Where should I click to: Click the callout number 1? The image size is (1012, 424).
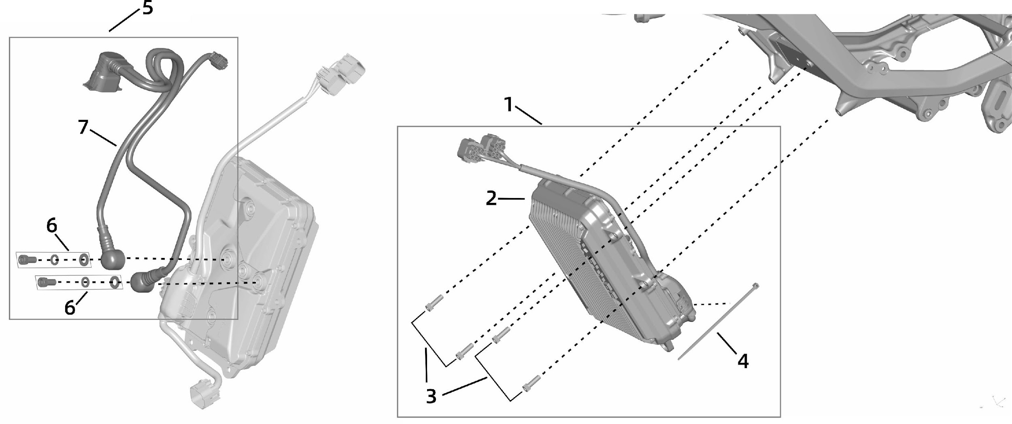click(x=508, y=105)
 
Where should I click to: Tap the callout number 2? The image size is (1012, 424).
click(x=491, y=198)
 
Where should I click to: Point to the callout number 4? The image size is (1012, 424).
click(x=743, y=361)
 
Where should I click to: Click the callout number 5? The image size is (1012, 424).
click(x=148, y=8)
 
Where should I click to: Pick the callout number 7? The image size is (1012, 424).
click(x=83, y=127)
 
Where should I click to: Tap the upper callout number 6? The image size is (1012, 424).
click(x=52, y=226)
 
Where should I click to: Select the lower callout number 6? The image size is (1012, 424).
click(x=70, y=308)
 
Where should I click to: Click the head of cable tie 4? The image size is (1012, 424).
click(x=755, y=286)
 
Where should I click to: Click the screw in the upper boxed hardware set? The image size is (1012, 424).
click(x=27, y=259)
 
